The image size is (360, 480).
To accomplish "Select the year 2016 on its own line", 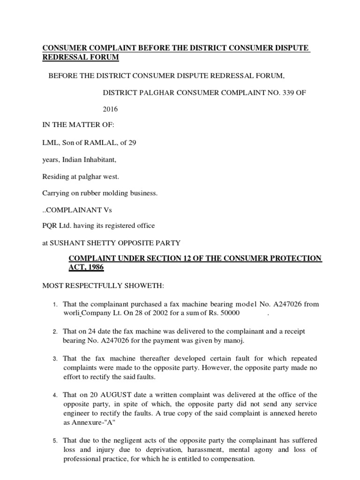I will tap(110, 109).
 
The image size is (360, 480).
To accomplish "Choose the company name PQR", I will tap(50, 225).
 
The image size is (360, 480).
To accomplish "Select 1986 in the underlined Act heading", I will tap(92, 267).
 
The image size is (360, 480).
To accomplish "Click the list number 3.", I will tap(54, 359).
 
